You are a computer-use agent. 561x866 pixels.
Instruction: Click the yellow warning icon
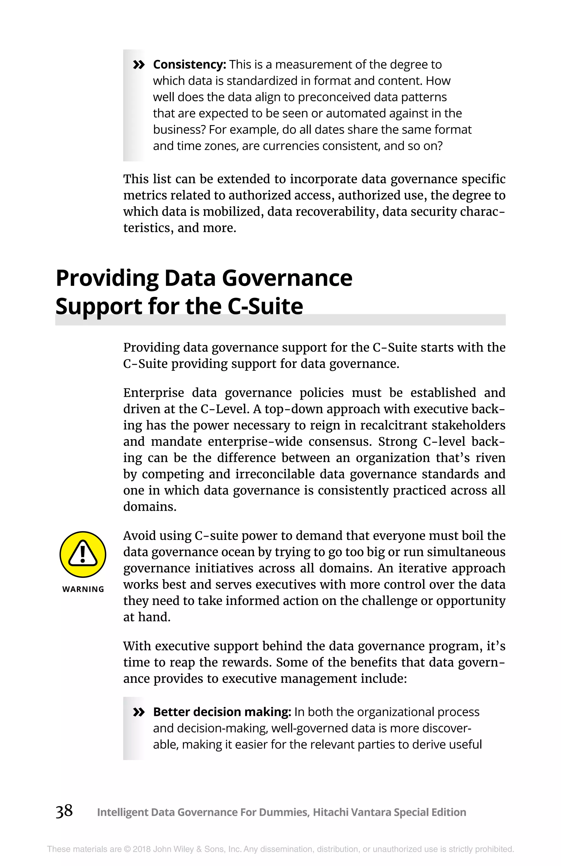[x=83, y=554]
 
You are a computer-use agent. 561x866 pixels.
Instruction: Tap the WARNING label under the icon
[x=83, y=589]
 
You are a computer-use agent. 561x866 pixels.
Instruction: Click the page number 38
[x=64, y=811]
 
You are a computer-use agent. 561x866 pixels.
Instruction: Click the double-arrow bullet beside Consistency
[x=139, y=65]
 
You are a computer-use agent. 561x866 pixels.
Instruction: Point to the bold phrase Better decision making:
[x=222, y=712]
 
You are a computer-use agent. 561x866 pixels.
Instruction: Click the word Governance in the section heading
[x=287, y=278]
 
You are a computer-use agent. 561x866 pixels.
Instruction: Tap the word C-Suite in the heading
[x=265, y=306]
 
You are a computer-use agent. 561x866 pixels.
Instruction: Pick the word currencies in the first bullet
[x=291, y=146]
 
